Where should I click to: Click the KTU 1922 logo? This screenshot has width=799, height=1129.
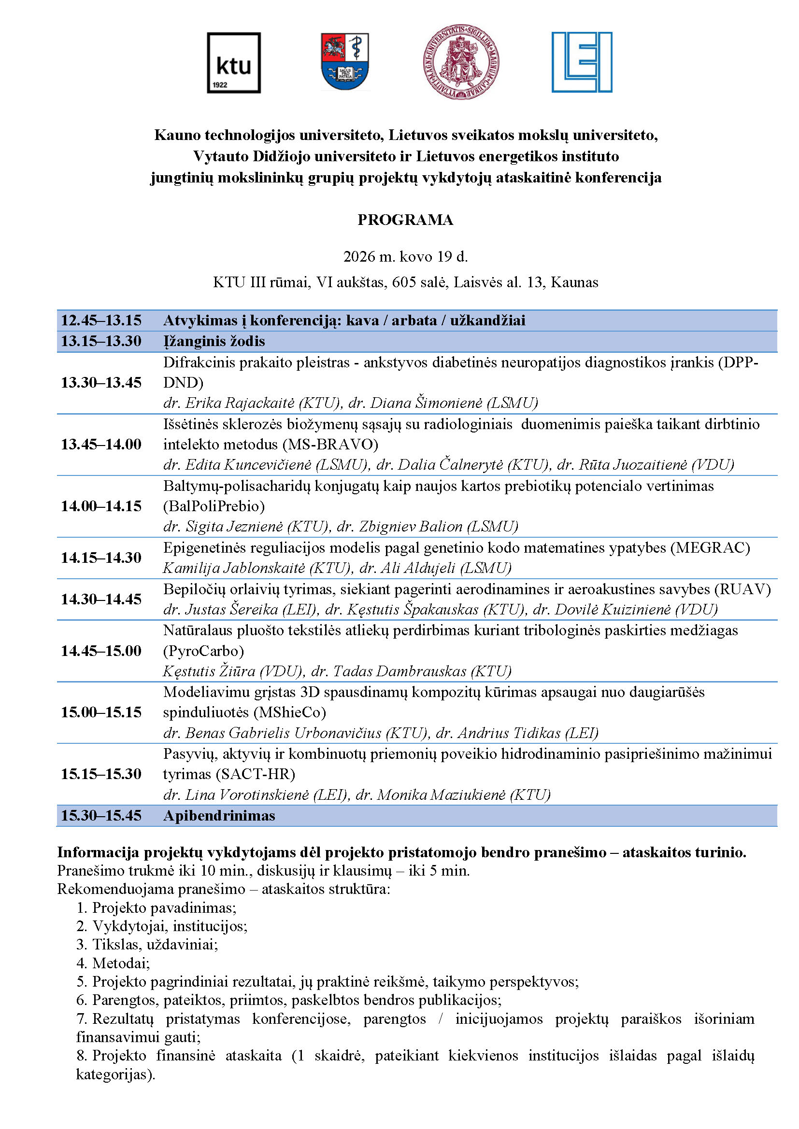[x=234, y=63]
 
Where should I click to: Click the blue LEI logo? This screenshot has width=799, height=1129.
[x=582, y=62]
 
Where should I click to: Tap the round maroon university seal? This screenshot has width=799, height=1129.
[x=461, y=62]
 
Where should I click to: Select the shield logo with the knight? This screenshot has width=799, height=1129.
[x=344, y=62]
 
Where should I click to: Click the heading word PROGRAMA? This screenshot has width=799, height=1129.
[x=405, y=220]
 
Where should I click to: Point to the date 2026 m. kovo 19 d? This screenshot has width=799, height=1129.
[x=405, y=257]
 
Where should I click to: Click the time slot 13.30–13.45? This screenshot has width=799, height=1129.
[x=101, y=383]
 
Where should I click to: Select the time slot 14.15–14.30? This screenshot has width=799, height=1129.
[x=101, y=558]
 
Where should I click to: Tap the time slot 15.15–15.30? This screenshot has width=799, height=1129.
[x=101, y=774]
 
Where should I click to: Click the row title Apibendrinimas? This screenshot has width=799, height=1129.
[x=219, y=816]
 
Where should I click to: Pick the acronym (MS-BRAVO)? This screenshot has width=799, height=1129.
[x=330, y=445]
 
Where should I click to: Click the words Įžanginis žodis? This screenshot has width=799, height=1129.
[x=214, y=341]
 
